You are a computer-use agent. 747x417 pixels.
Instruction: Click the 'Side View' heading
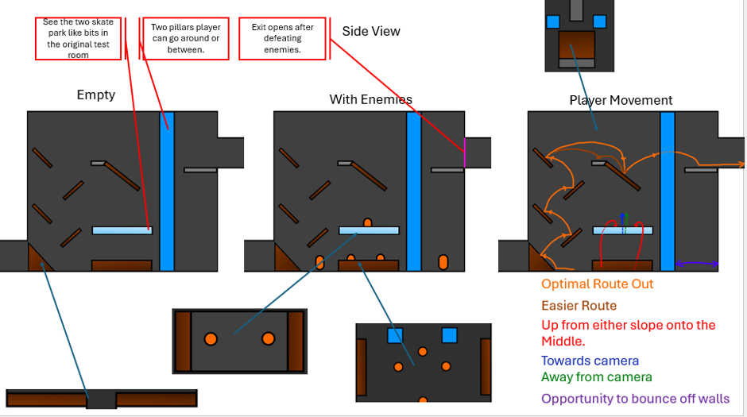coord(370,32)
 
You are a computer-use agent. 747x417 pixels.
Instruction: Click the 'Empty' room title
coord(95,95)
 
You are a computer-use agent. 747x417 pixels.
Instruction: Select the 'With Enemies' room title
coord(370,99)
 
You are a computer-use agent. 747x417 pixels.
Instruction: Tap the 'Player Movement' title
coord(621,100)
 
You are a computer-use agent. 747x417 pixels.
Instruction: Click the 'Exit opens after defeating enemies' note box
coord(282,39)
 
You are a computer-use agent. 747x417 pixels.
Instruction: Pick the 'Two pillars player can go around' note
coord(186,39)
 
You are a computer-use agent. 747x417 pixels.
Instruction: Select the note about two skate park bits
coord(78,39)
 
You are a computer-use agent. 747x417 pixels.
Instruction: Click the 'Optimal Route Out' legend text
coord(597,284)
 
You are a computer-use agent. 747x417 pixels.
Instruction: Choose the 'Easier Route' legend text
coord(579,306)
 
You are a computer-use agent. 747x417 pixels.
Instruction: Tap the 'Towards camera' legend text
coord(590,361)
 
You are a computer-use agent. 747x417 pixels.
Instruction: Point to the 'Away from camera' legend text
coord(597,377)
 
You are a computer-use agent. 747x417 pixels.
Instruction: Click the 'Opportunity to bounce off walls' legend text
coord(635,399)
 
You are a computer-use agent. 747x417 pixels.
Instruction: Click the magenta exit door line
coord(465,153)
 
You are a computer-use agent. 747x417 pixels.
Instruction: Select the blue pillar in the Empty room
coord(167,191)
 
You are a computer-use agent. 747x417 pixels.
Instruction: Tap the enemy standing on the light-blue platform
coord(367,222)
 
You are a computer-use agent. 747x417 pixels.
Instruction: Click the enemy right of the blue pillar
coord(443,262)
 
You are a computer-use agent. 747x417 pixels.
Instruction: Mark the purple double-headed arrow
coord(697,263)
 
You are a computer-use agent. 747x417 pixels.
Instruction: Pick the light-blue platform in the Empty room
coord(122,231)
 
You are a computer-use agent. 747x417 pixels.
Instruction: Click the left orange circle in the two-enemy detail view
coord(211,339)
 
